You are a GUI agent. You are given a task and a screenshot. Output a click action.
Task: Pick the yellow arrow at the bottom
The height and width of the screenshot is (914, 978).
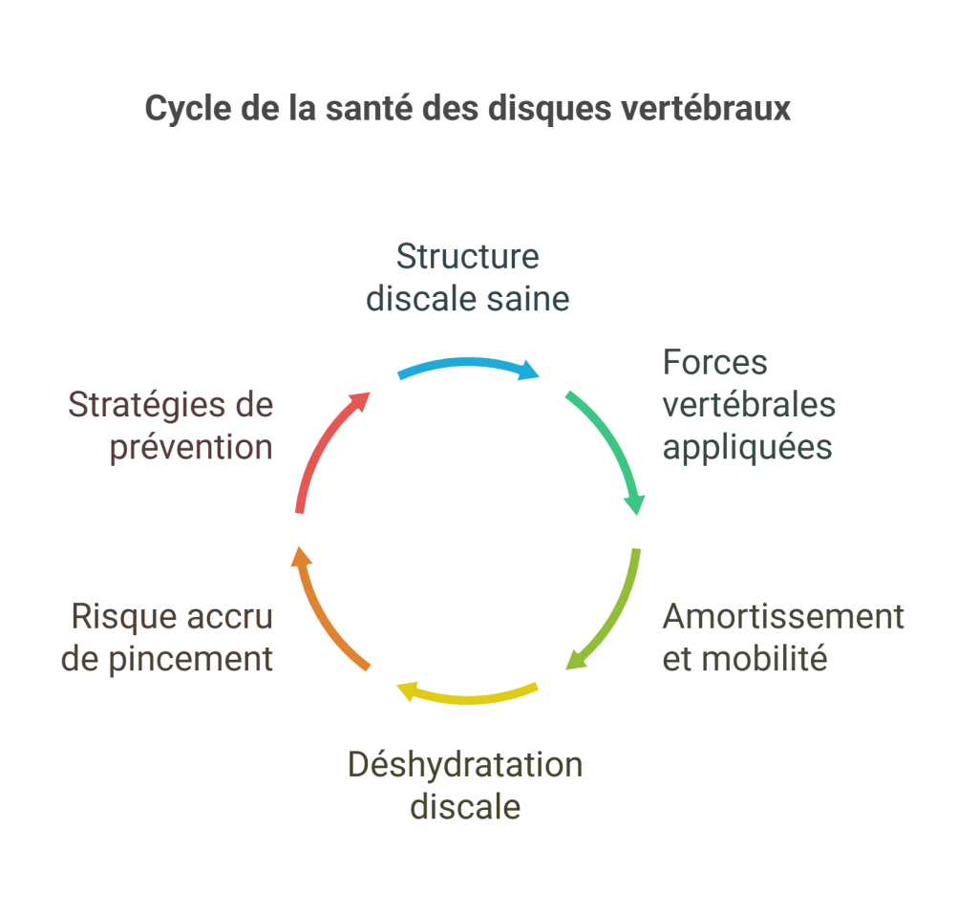[x=468, y=696]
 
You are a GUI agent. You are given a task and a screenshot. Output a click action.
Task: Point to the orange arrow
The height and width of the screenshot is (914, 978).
[x=323, y=611]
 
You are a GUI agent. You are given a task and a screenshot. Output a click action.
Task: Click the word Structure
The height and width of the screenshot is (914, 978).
[x=467, y=257]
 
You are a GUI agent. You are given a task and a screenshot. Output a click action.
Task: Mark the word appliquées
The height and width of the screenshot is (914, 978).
[x=748, y=447]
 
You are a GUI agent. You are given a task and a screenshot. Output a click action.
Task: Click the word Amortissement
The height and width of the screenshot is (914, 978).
[x=783, y=617]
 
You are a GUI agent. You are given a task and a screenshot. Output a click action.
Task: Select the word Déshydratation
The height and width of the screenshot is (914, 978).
[x=465, y=765]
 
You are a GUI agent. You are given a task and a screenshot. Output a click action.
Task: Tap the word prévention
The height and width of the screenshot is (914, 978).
[x=191, y=447]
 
